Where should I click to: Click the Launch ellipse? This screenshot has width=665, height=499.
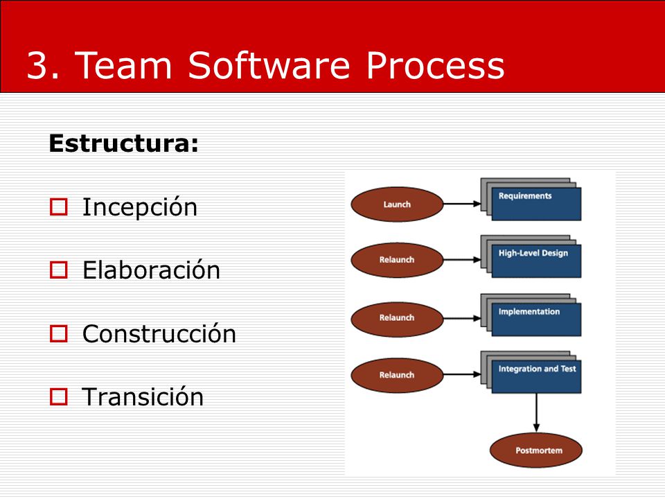coord(397,204)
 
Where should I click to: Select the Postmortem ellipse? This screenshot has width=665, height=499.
coord(536,450)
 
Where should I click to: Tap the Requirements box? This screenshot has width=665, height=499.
coord(536,204)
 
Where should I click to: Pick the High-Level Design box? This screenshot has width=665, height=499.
coord(536,261)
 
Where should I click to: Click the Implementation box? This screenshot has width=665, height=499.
coord(536,319)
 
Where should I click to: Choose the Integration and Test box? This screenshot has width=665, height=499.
coord(536,377)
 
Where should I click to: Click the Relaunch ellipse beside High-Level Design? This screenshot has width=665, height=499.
coord(397,260)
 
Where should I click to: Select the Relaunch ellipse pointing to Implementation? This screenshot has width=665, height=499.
coord(397,318)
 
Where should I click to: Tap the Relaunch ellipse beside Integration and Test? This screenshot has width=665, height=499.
coord(397,375)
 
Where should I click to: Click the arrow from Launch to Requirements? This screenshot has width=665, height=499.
coord(462,204)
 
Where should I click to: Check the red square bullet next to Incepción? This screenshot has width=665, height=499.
coord(58,207)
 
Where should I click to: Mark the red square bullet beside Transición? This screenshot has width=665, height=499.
coord(58,396)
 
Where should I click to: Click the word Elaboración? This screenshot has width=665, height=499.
coord(152,270)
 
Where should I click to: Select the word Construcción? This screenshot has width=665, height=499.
coord(159,333)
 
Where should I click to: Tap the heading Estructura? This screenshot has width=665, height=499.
coord(123,143)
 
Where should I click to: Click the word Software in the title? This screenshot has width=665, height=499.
coord(269,65)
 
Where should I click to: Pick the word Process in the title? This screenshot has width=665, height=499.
coord(436,65)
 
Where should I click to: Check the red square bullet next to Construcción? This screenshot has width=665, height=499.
coord(58,333)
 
